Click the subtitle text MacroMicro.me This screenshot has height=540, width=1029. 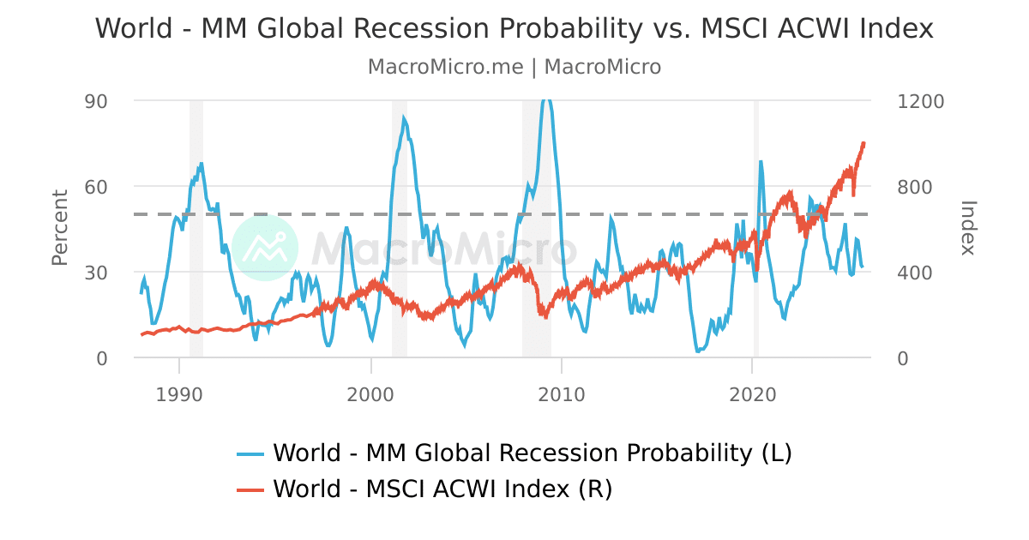pyautogui.click(x=445, y=67)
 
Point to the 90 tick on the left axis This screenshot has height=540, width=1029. pyautogui.click(x=97, y=101)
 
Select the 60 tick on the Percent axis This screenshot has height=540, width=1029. pyautogui.click(x=97, y=187)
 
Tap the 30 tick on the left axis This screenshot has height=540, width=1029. pyautogui.click(x=97, y=273)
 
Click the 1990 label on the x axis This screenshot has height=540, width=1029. pyautogui.click(x=179, y=395)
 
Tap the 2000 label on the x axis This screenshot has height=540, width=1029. pyautogui.click(x=370, y=395)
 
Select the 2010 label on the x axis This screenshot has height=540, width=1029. pyautogui.click(x=562, y=395)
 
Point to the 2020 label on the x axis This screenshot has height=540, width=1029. pyautogui.click(x=752, y=395)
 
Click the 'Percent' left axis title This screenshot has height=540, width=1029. pyautogui.click(x=59, y=228)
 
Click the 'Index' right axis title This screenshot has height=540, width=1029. pyautogui.click(x=968, y=228)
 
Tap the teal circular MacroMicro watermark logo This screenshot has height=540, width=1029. pyautogui.click(x=265, y=248)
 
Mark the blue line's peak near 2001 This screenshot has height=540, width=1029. pyautogui.click(x=404, y=118)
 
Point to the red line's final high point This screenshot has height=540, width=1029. pyautogui.click(x=863, y=143)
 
